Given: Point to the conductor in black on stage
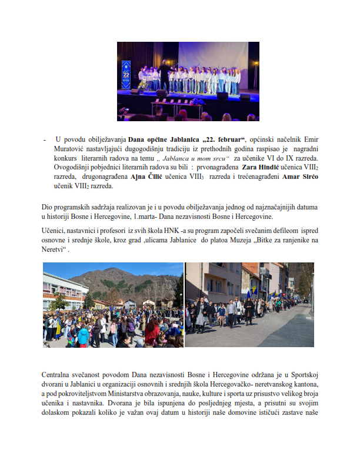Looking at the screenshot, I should [x=165, y=77].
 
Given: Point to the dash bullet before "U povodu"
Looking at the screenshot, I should [x=45, y=140].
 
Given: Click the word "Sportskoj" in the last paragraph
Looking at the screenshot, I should [x=305, y=375].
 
